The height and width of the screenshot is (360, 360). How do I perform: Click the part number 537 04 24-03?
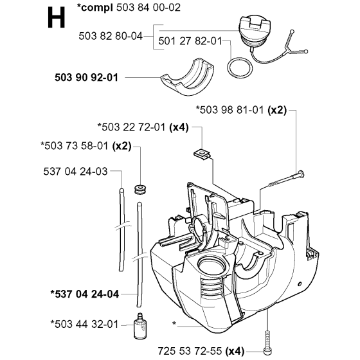[x=75, y=171]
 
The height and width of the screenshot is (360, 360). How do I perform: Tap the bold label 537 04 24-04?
[x=84, y=294]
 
